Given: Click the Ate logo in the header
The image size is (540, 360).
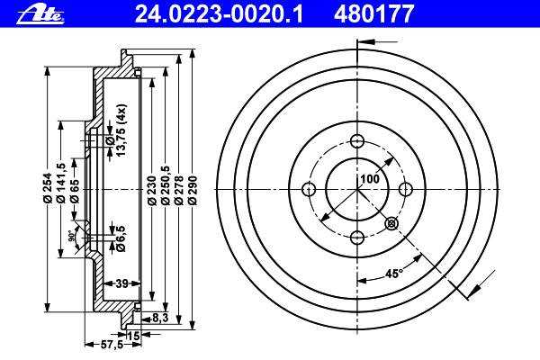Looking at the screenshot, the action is [x=40, y=15].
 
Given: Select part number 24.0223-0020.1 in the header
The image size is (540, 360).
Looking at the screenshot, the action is [x=219, y=14].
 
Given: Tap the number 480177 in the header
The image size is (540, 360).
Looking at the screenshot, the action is [x=373, y=14].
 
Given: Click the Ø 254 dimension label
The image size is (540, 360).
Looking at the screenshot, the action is [x=47, y=188].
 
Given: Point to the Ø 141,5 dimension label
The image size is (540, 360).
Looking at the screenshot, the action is [x=60, y=183].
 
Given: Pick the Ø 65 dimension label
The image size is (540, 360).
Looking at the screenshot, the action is [x=74, y=191].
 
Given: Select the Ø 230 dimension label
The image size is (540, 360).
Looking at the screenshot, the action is [x=152, y=191].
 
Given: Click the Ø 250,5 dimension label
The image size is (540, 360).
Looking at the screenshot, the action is [x=166, y=185].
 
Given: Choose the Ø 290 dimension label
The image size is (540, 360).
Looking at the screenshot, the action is [x=193, y=191].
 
